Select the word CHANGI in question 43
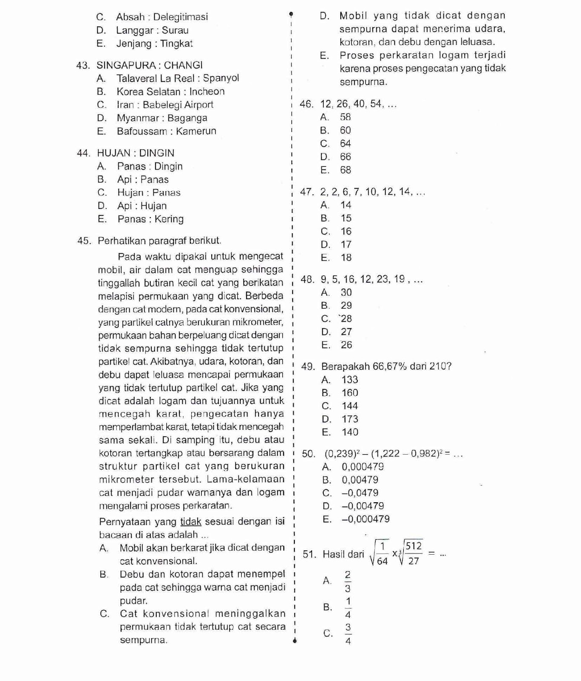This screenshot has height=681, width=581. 183,65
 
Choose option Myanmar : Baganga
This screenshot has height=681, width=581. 162,118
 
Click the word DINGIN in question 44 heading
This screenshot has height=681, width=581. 157,153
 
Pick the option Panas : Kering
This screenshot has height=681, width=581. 150,219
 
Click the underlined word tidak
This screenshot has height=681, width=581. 191,522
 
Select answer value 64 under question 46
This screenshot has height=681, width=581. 345,143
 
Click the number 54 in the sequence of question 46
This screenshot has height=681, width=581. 375,104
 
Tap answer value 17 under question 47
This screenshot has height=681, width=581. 346,244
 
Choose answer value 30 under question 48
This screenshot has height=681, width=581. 346,292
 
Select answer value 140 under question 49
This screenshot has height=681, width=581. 350,432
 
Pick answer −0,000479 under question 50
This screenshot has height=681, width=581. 365,519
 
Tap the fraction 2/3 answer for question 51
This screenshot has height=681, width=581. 348,581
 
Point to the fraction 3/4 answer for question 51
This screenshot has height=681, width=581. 348,634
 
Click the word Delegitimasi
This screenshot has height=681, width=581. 181,17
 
